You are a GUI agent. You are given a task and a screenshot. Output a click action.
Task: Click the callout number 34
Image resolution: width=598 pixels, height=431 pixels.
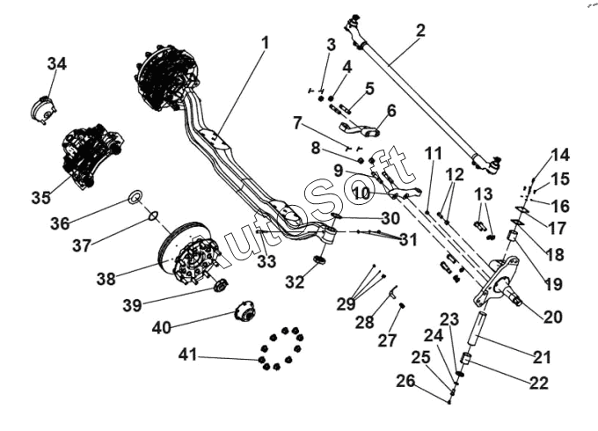[x=57, y=63]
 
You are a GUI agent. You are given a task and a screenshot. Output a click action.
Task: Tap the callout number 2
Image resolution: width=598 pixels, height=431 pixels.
[x=420, y=30]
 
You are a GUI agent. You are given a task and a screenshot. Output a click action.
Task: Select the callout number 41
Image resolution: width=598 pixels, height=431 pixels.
[x=187, y=355]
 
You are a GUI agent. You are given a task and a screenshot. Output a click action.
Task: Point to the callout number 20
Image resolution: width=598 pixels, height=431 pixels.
[x=553, y=317]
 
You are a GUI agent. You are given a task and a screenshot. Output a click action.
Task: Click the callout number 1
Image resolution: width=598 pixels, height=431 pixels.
[x=266, y=41]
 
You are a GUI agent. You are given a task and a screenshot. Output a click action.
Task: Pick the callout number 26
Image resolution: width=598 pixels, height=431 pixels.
[x=405, y=382]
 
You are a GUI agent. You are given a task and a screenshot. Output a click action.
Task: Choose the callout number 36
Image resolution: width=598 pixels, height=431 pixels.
[x=60, y=223]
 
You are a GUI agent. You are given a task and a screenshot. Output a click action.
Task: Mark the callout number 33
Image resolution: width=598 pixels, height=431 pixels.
[x=266, y=260]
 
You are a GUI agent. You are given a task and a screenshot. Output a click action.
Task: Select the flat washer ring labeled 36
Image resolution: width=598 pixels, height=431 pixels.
[x=136, y=195]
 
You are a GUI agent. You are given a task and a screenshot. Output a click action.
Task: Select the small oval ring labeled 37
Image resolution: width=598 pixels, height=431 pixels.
[x=152, y=215]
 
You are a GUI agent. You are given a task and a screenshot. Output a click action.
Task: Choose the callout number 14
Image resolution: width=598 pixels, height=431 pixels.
[x=560, y=156]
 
